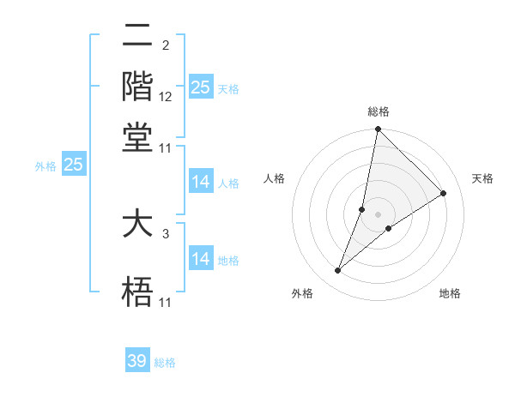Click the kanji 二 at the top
click(137, 36)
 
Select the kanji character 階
click(137, 86)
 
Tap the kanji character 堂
click(137, 136)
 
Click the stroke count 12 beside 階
click(166, 98)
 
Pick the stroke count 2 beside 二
click(165, 45)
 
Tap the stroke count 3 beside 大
click(165, 232)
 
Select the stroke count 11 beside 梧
click(166, 302)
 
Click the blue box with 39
click(137, 361)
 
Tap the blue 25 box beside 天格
click(201, 87)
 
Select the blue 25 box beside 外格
click(73, 165)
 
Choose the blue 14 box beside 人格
click(201, 182)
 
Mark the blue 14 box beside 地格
click(201, 259)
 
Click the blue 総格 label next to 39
click(166, 363)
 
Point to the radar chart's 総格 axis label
click(379, 111)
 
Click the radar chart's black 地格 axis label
click(450, 294)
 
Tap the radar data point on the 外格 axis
click(338, 271)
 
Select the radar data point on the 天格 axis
click(444, 194)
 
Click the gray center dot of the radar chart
click(379, 214)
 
